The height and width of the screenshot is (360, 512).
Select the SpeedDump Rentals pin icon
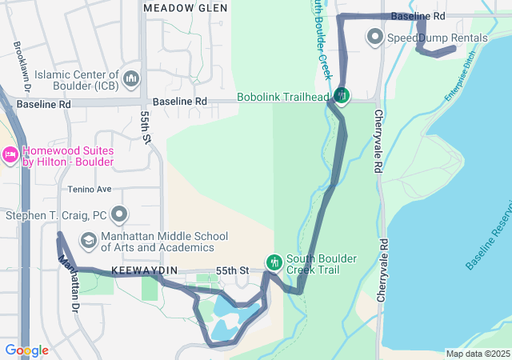point(374,37)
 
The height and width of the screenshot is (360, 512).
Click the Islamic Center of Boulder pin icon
point(131,78)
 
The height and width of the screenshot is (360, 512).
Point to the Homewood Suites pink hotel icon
point(10,154)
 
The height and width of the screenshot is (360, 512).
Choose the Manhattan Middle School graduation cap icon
point(88,240)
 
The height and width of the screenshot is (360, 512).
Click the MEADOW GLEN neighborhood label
point(180,7)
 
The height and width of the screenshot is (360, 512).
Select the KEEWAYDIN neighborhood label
point(143,271)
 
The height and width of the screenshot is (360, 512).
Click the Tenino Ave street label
point(90,190)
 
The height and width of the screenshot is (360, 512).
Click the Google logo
point(26,350)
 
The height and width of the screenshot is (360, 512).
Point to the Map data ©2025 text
point(477,354)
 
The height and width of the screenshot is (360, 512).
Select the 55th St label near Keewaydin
point(232,271)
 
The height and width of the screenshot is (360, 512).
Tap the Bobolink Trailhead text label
point(283,98)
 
